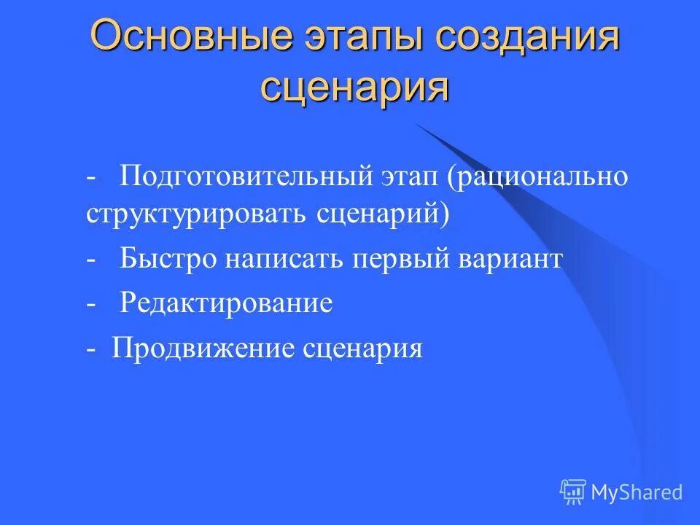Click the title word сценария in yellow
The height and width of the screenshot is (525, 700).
point(355,88)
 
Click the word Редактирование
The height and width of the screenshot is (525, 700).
point(227,303)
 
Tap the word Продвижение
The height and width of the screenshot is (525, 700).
point(202,348)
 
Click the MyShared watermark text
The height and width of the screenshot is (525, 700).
point(637,492)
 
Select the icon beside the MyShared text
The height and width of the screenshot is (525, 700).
point(573,492)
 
